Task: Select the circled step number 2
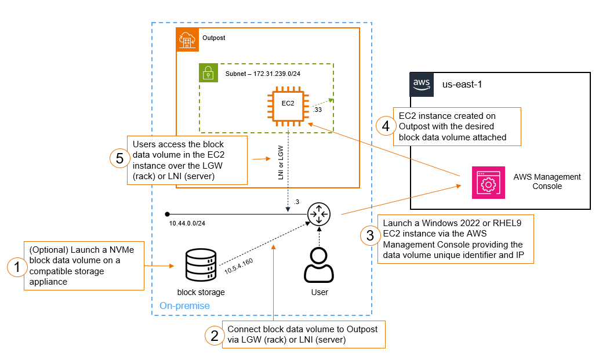coord(215,334)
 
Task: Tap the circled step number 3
coord(369,236)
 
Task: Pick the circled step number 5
coord(118,158)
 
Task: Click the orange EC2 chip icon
coord(288,105)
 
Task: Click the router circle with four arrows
coord(318,214)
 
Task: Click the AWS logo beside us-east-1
coord(422,83)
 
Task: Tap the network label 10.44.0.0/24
coord(187,223)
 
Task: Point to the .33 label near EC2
coord(317,109)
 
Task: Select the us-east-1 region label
coord(462,84)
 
